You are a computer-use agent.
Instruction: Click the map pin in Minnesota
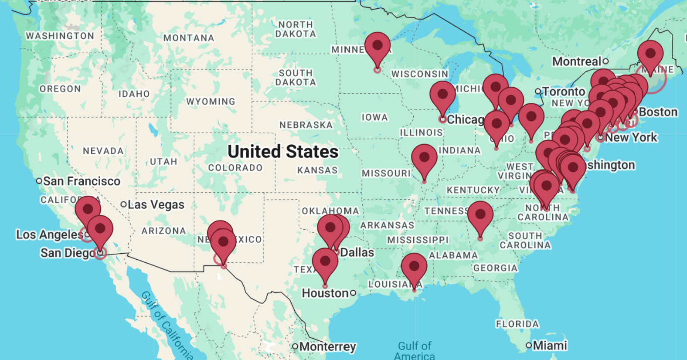coord(378,46)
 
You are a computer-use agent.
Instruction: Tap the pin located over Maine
coord(650,54)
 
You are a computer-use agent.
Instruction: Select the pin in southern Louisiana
coord(414,267)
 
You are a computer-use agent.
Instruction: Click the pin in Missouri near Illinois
coord(424,158)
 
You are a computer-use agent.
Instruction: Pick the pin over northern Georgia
coord(480,215)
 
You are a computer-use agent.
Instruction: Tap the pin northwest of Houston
coord(325,262)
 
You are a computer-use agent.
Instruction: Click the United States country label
coord(283,152)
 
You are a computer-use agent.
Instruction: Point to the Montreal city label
coord(577,61)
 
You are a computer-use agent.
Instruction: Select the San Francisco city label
coord(82,181)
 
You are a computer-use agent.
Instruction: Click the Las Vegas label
coord(156,204)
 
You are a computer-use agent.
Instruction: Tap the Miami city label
coord(550,346)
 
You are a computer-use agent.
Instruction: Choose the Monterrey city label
coord(327,347)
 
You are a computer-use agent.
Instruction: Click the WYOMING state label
coord(211,102)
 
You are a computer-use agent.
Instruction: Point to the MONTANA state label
coord(189,38)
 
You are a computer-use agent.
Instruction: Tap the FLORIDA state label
coord(517,324)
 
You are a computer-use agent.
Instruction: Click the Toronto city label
coord(564,92)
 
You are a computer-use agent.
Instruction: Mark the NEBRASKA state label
coord(306,125)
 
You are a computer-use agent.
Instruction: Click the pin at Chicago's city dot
coord(443,95)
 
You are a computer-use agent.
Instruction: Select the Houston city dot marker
coord(353,293)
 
